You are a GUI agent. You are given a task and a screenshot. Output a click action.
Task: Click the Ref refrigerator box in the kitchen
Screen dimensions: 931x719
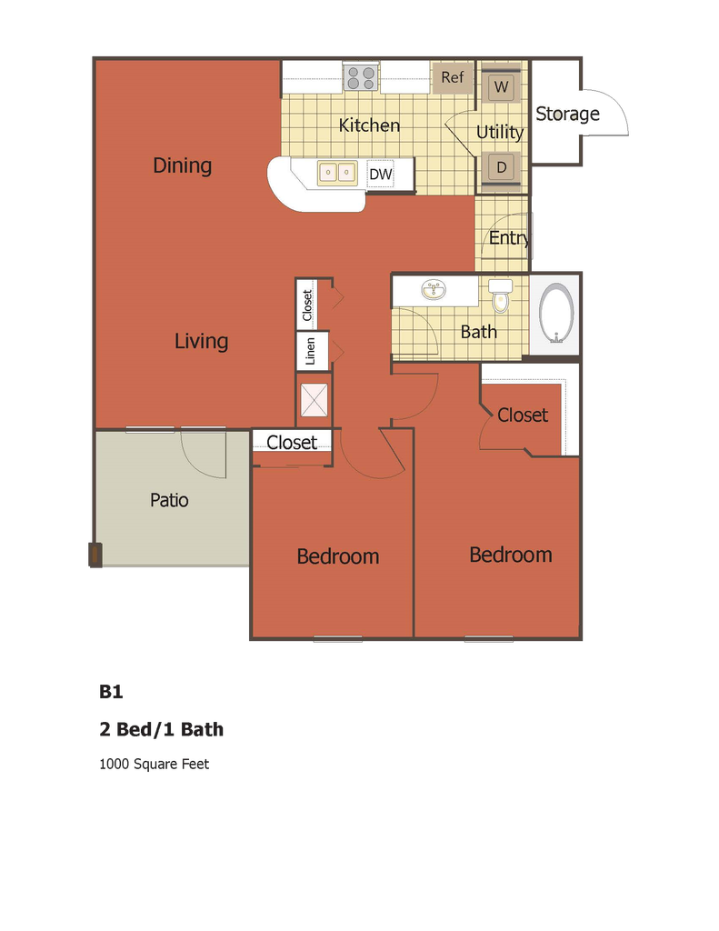point(452,77)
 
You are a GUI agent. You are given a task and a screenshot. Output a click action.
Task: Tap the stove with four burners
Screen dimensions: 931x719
point(361,77)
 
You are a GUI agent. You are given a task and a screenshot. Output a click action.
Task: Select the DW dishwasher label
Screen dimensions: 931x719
point(380,174)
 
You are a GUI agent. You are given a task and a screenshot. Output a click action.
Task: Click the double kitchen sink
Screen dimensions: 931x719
point(336,171)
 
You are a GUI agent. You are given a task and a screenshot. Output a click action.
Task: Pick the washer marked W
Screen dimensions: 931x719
point(501,88)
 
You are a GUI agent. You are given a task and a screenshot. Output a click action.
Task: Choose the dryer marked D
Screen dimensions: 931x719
point(501,167)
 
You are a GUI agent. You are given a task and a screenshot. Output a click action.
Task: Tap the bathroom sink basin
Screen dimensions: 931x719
point(434,291)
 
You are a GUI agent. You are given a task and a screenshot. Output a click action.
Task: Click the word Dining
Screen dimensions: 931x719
point(182,165)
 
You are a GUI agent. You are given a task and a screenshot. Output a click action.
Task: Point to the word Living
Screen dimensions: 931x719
point(201,341)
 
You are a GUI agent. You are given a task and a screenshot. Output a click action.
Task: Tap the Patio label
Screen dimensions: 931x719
point(169,500)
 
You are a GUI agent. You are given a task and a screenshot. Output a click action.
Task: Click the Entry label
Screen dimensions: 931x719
point(508,238)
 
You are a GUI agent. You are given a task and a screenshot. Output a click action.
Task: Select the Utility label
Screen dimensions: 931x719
point(500,133)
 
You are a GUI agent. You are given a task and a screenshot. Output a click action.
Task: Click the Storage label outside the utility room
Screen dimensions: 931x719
point(566,115)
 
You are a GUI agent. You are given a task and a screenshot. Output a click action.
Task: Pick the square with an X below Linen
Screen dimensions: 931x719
point(314,400)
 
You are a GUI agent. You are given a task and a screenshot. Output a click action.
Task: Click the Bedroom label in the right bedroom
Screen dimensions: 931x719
point(510,555)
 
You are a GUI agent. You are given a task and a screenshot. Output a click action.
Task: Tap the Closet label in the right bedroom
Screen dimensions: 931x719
point(523,415)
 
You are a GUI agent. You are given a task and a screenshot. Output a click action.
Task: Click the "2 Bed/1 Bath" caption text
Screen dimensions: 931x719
point(161,729)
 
